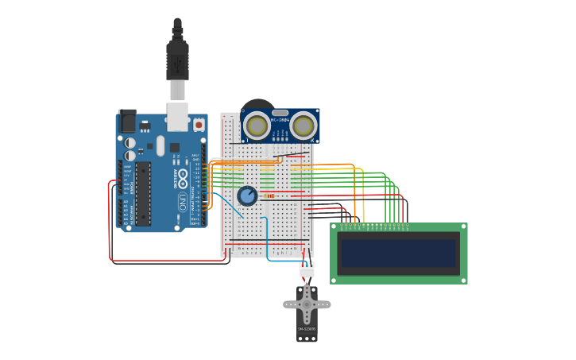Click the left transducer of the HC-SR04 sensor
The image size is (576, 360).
257,126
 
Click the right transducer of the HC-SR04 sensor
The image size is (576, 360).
303,126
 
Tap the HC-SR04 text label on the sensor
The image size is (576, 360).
280,120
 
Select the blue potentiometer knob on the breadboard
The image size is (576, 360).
247,195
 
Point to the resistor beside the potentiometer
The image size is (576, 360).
269,195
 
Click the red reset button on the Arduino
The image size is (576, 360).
199,125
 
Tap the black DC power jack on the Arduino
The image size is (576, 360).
127,120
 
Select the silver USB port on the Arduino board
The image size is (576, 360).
177,116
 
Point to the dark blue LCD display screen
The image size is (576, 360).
399,254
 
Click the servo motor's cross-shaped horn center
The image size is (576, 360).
307,304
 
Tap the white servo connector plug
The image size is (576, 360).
307,269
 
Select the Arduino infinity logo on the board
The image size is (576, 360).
182,176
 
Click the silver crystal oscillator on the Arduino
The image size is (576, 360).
160,146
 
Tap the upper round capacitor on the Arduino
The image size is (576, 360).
130,143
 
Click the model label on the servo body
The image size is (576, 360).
307,328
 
